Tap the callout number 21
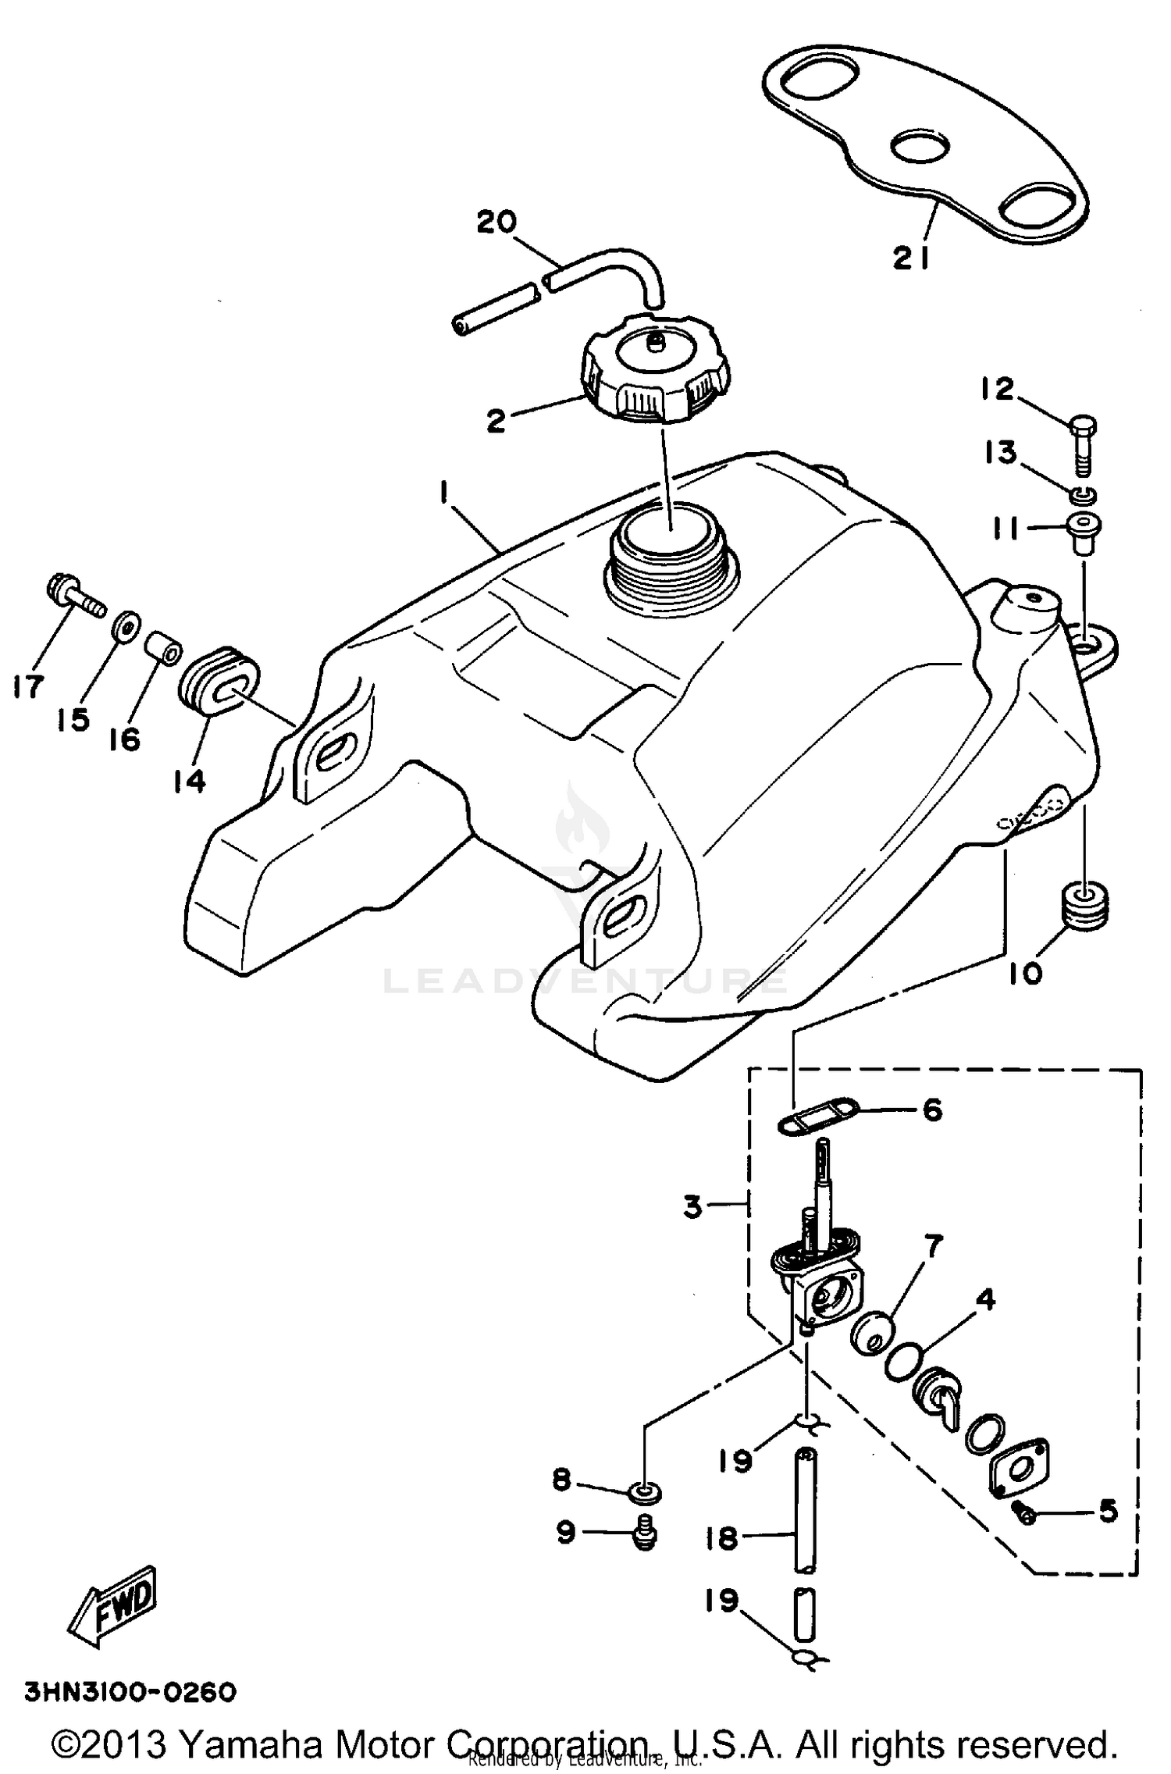911,258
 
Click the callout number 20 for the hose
497,223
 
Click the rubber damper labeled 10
1084,905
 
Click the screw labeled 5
1026,1513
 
